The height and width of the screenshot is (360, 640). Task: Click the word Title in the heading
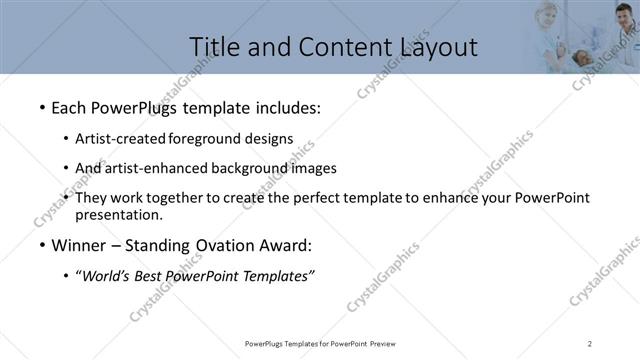[213, 46]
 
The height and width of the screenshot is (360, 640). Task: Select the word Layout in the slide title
[436, 46]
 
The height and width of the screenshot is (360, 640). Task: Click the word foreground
[208, 138]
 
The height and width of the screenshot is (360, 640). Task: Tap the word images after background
[314, 168]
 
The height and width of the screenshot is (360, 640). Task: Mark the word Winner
[78, 245]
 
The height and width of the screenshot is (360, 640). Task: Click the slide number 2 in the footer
[590, 344]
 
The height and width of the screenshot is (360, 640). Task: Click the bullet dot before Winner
[41, 246]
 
